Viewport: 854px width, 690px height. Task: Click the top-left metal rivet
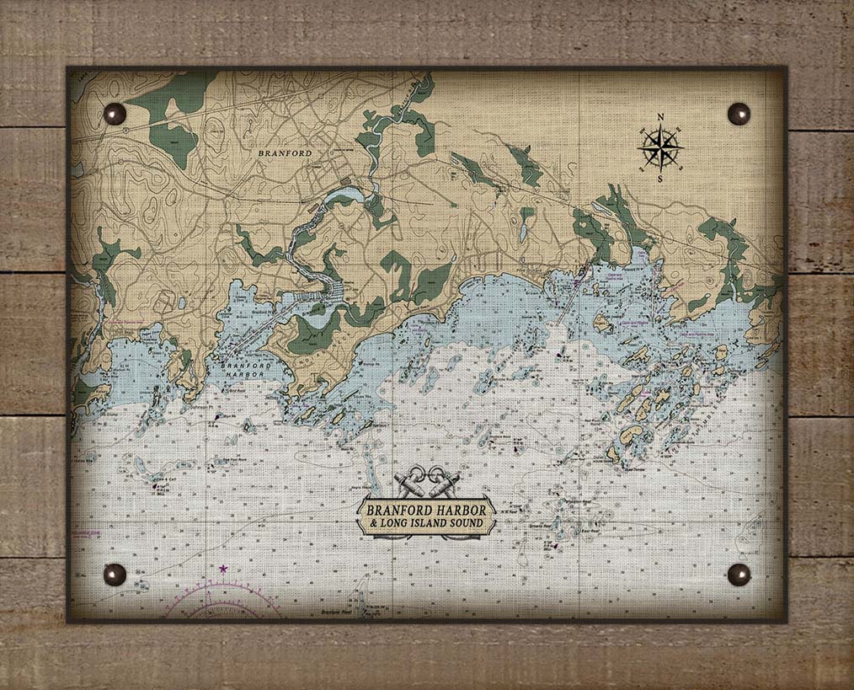(x=115, y=113)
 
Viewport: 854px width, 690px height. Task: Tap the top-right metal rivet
(x=739, y=113)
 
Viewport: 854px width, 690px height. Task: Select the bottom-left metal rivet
(x=115, y=575)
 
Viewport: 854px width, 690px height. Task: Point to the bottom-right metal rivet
(x=739, y=575)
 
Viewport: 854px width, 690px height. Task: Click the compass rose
(x=660, y=148)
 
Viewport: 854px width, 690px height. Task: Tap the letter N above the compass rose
(x=660, y=118)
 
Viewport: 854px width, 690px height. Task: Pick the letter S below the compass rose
(x=659, y=179)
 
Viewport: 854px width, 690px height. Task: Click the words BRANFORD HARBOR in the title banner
(x=428, y=510)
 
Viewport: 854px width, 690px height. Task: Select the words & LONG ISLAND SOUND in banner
(x=428, y=524)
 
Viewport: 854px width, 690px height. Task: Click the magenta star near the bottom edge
(x=223, y=570)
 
